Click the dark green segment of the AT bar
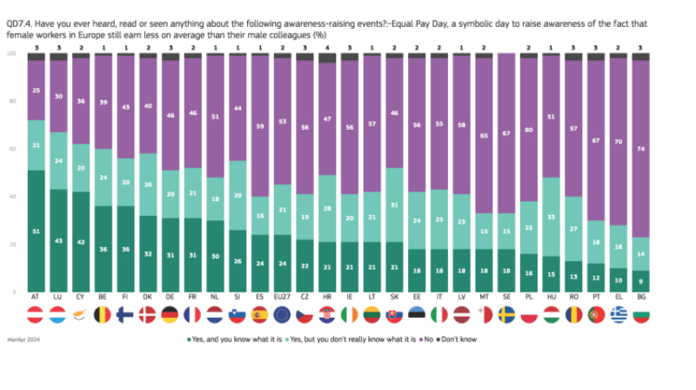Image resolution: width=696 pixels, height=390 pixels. [x=37, y=231]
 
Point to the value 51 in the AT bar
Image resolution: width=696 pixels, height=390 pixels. [x=37, y=231]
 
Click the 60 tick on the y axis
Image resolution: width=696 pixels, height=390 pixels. [x=11, y=150]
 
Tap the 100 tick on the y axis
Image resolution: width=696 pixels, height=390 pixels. [x=10, y=54]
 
